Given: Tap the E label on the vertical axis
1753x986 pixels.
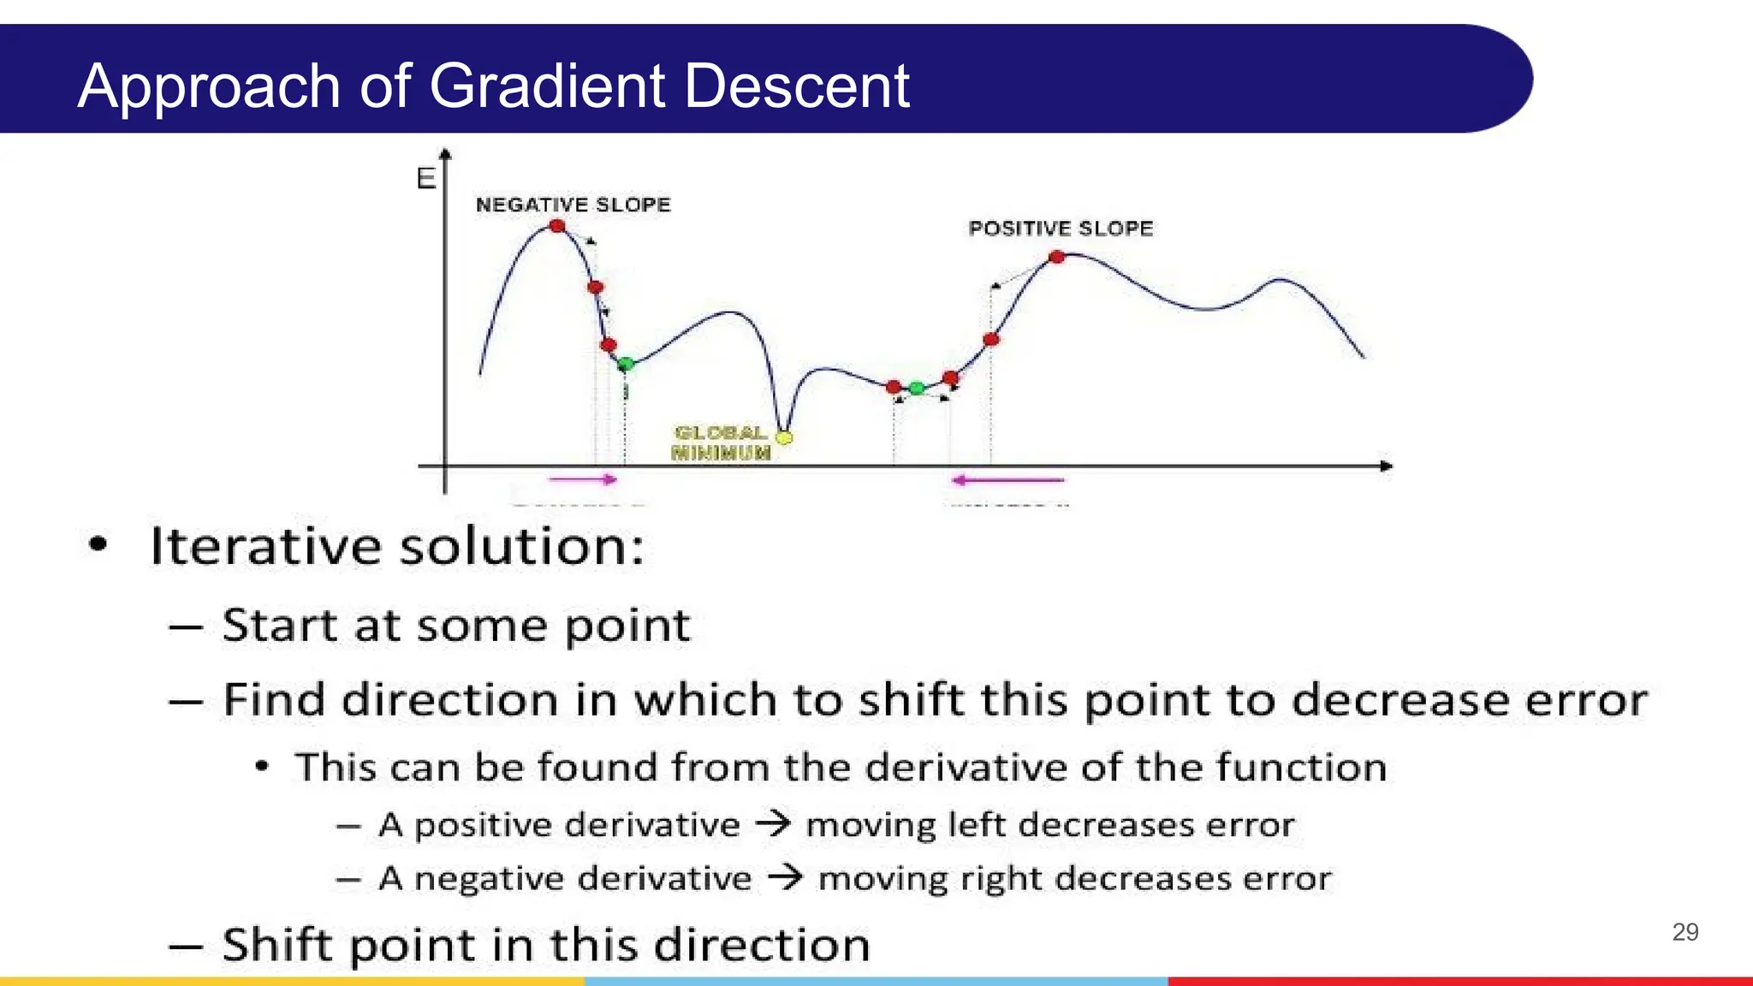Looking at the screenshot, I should point(425,179).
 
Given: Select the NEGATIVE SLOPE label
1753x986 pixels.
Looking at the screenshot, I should point(573,205).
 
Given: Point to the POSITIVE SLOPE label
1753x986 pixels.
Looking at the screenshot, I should point(1061,229).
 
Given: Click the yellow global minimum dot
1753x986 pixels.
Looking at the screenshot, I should point(784,437).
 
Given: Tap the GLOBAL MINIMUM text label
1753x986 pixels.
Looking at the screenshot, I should point(721,443).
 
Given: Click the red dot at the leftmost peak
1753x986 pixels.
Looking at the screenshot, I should point(557,226).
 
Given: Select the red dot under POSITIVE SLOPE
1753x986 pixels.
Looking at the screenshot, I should point(1057,257).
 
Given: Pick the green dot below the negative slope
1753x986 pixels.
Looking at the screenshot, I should point(626,365).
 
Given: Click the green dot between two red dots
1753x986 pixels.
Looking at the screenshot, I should point(917,389).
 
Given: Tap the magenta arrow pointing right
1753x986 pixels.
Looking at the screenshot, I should point(583,479).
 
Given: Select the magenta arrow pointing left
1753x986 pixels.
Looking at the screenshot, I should point(1007,480).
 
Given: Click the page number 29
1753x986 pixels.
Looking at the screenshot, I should point(1685,932).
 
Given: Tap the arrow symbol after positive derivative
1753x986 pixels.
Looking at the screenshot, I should point(773,824).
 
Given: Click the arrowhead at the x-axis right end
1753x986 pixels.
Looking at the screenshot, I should point(1387,466).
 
